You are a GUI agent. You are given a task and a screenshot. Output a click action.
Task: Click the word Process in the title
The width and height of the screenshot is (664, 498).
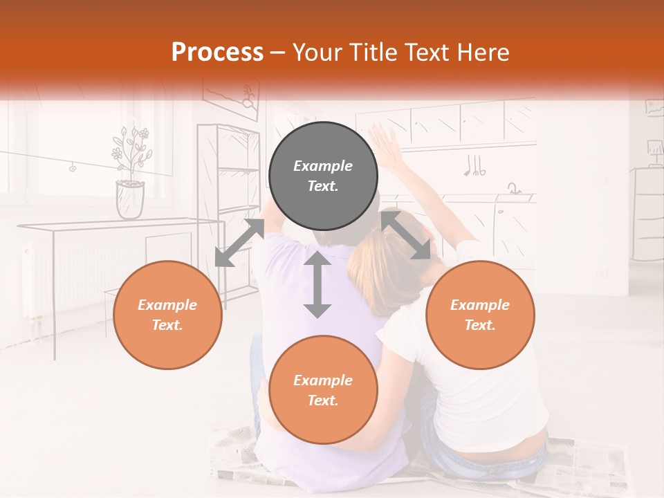pos(217,52)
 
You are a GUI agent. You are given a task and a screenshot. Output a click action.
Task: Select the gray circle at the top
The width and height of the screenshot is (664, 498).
pos(323,176)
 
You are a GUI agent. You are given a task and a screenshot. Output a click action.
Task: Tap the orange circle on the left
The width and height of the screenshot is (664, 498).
pos(167,315)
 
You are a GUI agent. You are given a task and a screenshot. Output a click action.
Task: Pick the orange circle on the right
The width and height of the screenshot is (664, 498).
pos(480,315)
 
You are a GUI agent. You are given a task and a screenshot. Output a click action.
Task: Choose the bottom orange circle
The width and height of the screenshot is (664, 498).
pos(323,390)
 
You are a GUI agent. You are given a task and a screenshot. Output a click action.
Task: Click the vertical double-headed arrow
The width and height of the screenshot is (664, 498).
pos(317,284)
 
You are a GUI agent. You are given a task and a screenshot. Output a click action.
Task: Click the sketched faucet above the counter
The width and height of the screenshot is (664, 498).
pos(514,188)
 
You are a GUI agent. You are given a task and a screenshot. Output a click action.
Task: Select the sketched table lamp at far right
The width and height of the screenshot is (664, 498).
pos(654,150)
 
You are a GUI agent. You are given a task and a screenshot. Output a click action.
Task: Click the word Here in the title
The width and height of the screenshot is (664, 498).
pos(482,53)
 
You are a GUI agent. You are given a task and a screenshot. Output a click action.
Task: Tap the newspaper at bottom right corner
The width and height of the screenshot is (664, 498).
pos(588,463)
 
